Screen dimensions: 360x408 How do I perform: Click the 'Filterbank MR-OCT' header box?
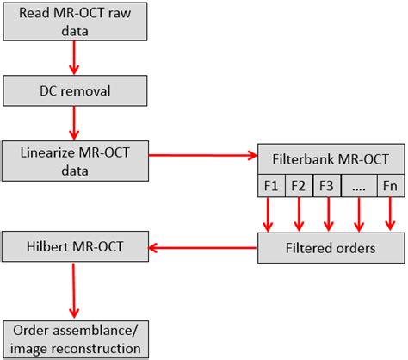(330, 159)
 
